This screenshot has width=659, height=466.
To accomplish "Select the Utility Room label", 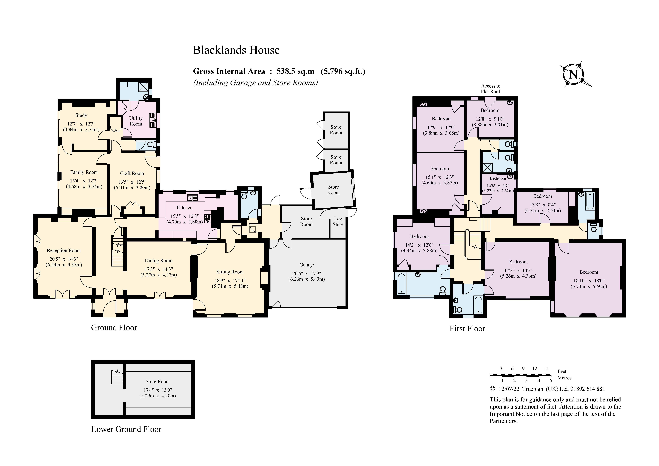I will (x=136, y=121).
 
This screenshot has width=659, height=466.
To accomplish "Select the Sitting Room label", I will (x=230, y=272).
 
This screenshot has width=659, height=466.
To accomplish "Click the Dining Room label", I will (x=158, y=260).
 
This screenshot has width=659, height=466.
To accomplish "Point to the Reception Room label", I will (x=64, y=250).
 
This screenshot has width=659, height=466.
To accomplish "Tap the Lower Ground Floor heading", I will (x=126, y=429).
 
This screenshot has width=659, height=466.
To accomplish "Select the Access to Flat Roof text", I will (x=491, y=88).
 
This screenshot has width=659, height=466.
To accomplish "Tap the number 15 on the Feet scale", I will (x=546, y=368).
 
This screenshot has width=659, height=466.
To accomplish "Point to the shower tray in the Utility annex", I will (x=143, y=87).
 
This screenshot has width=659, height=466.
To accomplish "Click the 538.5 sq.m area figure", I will (x=295, y=71).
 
